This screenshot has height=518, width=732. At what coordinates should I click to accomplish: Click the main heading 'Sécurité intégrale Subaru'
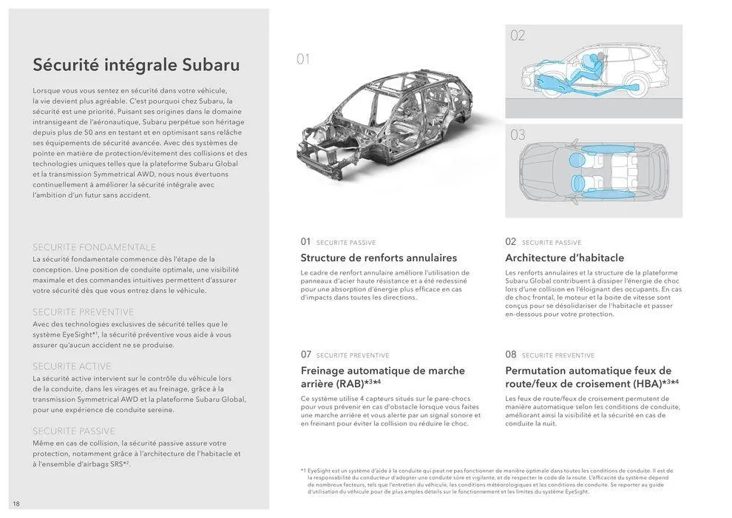(x=136, y=65)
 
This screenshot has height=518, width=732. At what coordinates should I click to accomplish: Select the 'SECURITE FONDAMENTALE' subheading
(x=94, y=247)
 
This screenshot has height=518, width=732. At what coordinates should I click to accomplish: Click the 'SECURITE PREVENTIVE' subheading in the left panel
(x=83, y=312)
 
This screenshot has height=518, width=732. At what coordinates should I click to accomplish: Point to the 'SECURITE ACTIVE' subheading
(x=72, y=366)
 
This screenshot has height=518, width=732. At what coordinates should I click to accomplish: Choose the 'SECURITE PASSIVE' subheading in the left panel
(x=74, y=431)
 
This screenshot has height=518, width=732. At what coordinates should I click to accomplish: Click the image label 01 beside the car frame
(x=303, y=59)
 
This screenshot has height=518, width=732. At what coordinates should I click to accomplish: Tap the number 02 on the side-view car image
(x=518, y=36)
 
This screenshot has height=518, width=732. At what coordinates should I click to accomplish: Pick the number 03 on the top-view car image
(x=518, y=135)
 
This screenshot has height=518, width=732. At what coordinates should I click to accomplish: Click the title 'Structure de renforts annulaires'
(x=379, y=258)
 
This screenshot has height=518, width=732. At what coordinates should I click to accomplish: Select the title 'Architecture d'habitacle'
(x=564, y=258)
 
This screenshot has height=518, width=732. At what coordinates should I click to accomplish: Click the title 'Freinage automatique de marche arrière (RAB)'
(x=382, y=377)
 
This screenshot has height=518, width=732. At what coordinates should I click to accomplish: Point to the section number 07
(x=305, y=354)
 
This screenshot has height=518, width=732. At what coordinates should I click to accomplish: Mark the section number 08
(x=511, y=354)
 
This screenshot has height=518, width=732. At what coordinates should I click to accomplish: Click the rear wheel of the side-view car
(x=637, y=87)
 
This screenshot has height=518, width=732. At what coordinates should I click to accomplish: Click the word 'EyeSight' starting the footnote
(x=321, y=471)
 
